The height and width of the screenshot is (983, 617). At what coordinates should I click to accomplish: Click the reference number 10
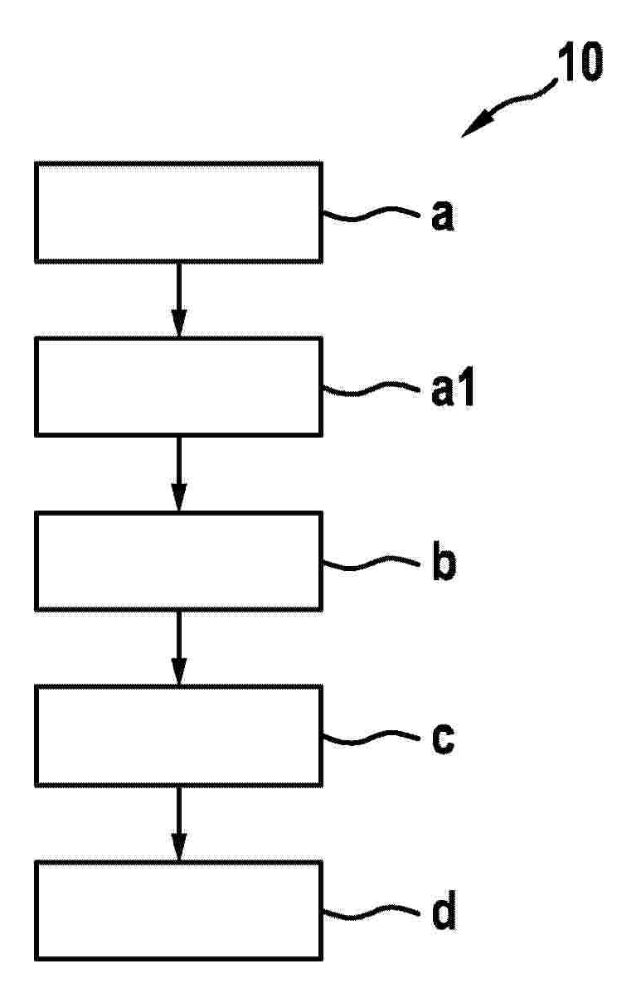[x=581, y=62]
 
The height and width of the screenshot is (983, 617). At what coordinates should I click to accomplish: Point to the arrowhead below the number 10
[x=473, y=126]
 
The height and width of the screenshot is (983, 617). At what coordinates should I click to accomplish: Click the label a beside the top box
[x=442, y=216]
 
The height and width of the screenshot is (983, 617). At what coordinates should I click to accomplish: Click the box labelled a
[x=178, y=212]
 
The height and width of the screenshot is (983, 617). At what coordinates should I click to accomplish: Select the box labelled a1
[x=178, y=386]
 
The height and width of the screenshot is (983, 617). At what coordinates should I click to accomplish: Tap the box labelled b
[x=178, y=560]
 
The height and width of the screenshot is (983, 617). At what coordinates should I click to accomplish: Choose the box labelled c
[x=178, y=735]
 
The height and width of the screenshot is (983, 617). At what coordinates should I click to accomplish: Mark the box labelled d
[x=178, y=910]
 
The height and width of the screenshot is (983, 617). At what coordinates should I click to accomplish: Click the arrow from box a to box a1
[x=178, y=300]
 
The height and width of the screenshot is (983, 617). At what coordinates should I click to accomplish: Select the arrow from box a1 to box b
[x=178, y=474]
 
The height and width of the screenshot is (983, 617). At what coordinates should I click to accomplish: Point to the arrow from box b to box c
[x=178, y=648]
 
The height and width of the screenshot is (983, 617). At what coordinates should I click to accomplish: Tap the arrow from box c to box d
[x=178, y=823]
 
